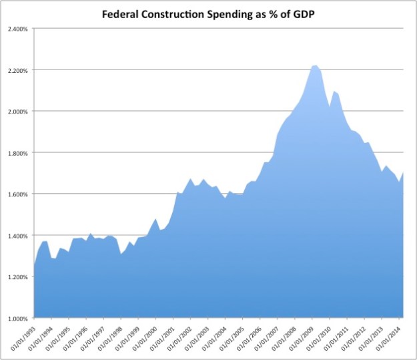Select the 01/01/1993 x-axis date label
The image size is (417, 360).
[24, 338]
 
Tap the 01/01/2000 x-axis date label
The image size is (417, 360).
[145, 338]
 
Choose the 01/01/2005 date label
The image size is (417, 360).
[232, 338]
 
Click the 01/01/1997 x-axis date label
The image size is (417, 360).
[93, 338]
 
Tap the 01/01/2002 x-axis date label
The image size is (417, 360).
[180, 338]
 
